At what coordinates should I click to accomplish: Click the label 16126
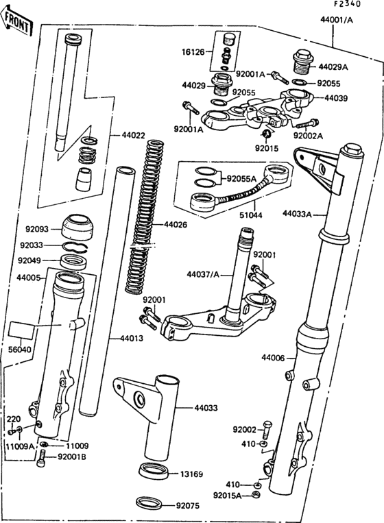click(194, 51)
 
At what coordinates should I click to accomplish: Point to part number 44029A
click(333, 67)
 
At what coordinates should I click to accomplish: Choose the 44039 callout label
click(337, 98)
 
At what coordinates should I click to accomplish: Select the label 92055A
click(242, 177)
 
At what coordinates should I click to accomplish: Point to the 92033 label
click(32, 245)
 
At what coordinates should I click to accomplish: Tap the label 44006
click(274, 358)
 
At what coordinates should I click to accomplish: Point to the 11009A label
click(20, 445)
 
